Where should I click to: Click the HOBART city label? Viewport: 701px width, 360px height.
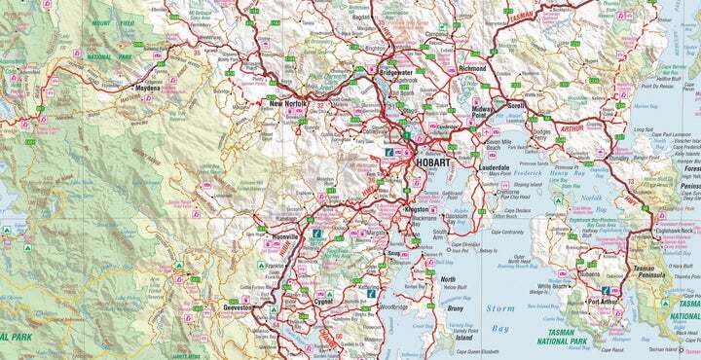(x=432, y=163)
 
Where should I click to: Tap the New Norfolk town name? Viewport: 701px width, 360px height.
(x=289, y=102)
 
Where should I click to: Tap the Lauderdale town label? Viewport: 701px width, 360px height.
(x=494, y=167)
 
